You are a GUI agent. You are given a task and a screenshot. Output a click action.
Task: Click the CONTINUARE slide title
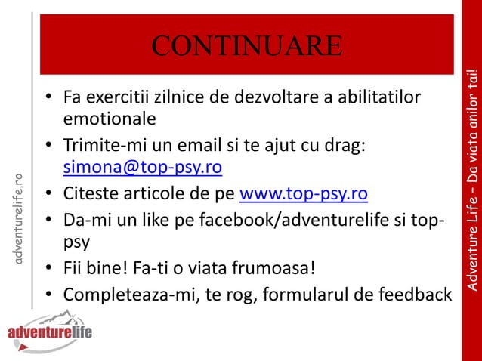click(246, 45)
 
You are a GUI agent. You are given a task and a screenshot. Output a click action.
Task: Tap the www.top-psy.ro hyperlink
click(303, 194)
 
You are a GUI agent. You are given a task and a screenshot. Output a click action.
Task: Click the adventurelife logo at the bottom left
click(49, 332)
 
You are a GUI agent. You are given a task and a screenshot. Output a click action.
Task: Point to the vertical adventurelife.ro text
click(20, 219)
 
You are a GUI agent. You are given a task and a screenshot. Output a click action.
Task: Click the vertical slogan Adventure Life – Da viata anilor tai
click(472, 181)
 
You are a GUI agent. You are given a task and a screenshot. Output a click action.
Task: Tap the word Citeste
click(91, 194)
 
